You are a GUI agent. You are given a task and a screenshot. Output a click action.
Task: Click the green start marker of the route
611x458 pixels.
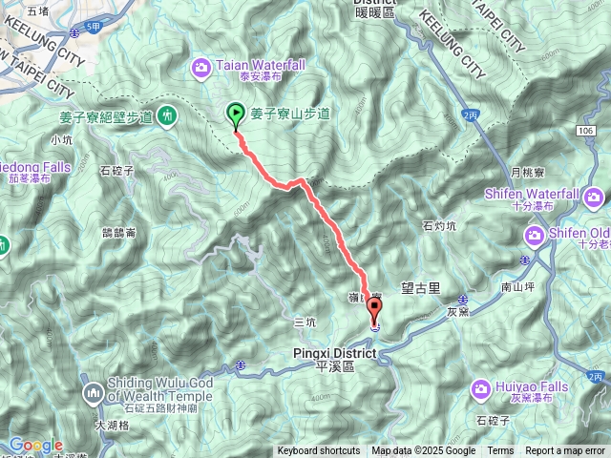(236, 114)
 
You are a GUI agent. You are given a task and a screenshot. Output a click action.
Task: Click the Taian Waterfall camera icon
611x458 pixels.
(201, 66)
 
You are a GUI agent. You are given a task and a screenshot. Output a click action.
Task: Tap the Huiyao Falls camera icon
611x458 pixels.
(481, 386)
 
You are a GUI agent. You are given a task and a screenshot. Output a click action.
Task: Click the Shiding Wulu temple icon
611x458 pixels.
(94, 392)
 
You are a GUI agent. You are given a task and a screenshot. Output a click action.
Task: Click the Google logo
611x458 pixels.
(35, 445)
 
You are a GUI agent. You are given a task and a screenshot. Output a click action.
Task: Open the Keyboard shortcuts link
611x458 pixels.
(319, 451)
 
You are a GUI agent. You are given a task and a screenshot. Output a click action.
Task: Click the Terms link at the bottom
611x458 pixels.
(500, 451)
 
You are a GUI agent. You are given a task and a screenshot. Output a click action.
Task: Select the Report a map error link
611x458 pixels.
(565, 451)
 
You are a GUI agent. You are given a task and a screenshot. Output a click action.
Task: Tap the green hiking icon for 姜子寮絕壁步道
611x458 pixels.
(168, 115)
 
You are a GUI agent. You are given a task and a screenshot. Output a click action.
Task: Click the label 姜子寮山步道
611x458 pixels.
(290, 114)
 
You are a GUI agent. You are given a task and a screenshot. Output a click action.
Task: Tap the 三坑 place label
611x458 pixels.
(305, 323)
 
